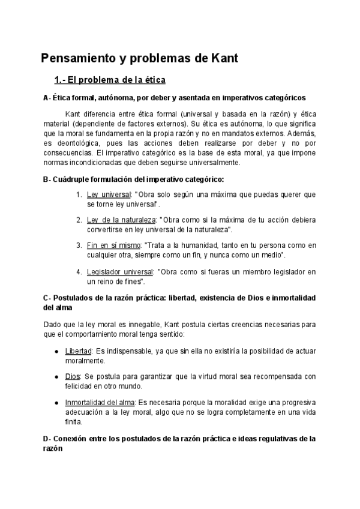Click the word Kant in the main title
pyautogui.click(x=222, y=58)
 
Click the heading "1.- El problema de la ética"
pyautogui.click(x=110, y=80)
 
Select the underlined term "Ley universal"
pyautogui.click(x=109, y=195)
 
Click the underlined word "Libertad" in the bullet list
pyautogui.click(x=78, y=351)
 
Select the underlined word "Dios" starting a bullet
pyautogui.click(x=72, y=376)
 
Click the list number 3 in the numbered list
pyautogui.click(x=79, y=246)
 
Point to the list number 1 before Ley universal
pyautogui.click(x=79, y=195)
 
